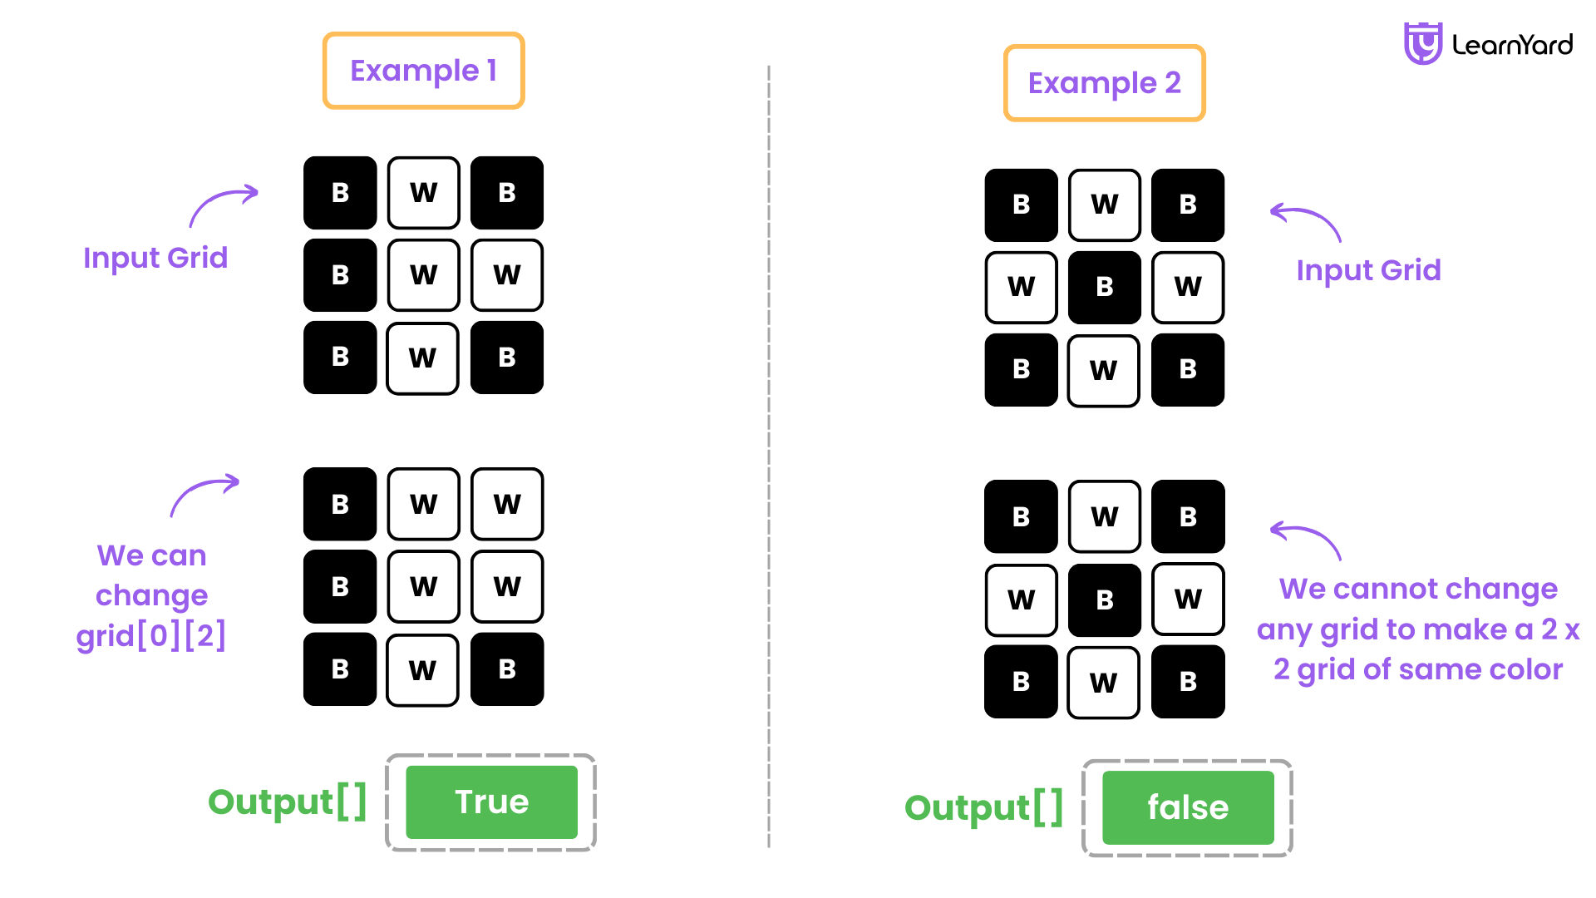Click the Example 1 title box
pyautogui.click(x=423, y=71)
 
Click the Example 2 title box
pyautogui.click(x=1104, y=83)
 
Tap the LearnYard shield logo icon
pyautogui.click(x=1422, y=43)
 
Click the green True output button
pyautogui.click(x=491, y=802)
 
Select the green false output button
pyautogui.click(x=1188, y=807)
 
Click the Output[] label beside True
pyautogui.click(x=287, y=802)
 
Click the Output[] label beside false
pyautogui.click(x=983, y=807)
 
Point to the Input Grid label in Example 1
pyautogui.click(x=155, y=258)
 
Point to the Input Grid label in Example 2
pyautogui.click(x=1368, y=270)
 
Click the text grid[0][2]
pyautogui.click(x=151, y=636)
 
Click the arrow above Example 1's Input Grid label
pyautogui.click(x=223, y=205)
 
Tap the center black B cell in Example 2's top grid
pyautogui.click(x=1104, y=287)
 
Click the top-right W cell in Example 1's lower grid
pyautogui.click(x=507, y=504)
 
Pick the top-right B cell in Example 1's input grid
pyautogui.click(x=507, y=193)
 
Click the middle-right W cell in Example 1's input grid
pyautogui.click(x=507, y=275)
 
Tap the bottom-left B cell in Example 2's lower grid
pyautogui.click(x=1021, y=682)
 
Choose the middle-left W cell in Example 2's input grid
pyautogui.click(x=1021, y=287)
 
